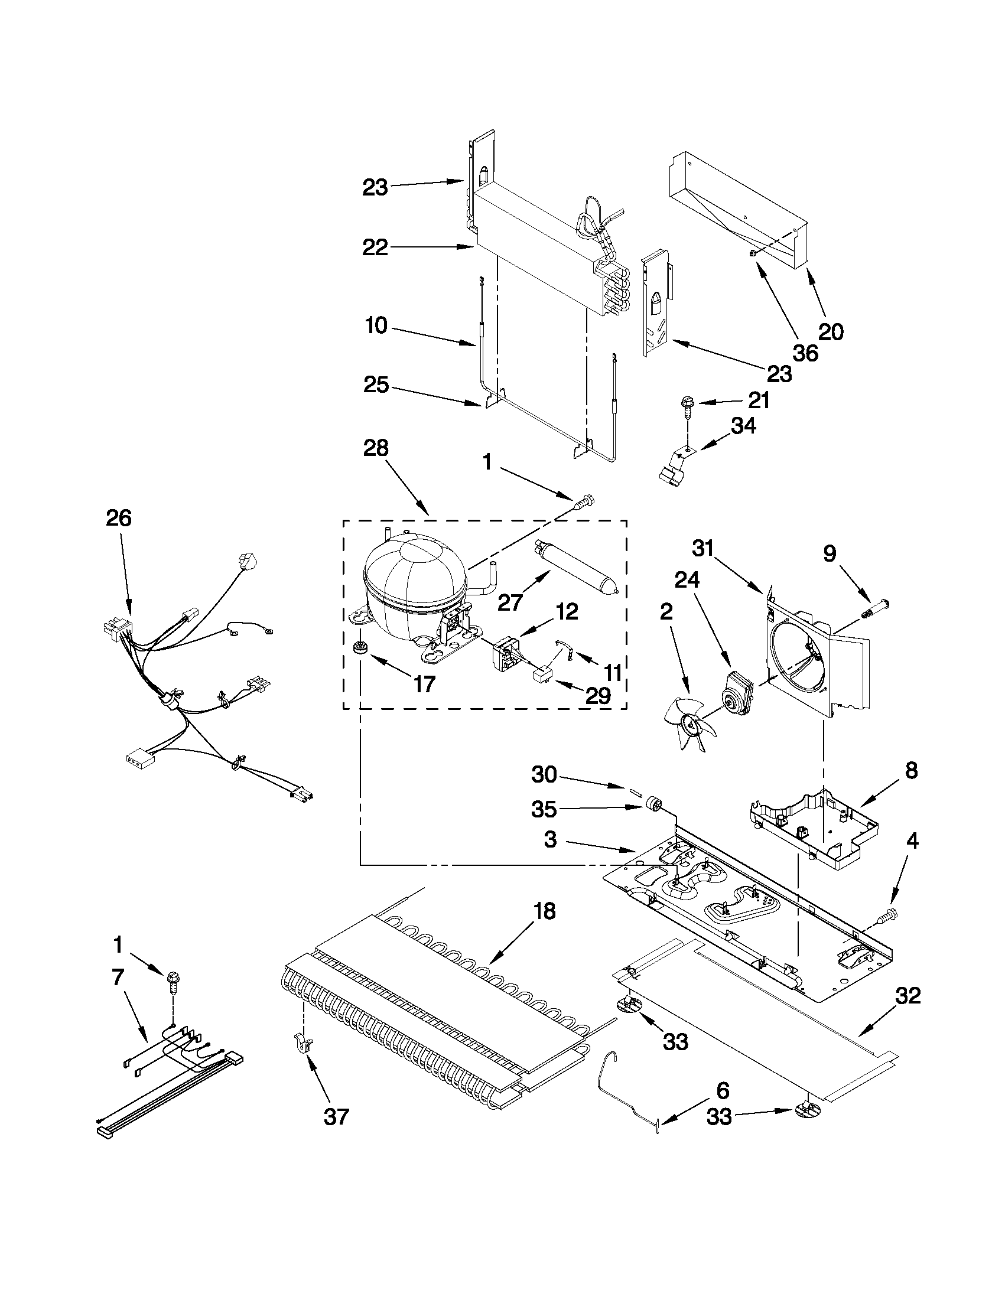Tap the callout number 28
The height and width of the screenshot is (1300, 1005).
(376, 448)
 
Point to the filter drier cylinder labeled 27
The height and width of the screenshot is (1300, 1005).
(575, 566)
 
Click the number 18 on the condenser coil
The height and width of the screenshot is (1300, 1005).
(541, 911)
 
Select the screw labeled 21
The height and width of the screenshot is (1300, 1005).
(685, 405)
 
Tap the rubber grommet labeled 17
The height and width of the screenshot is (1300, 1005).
(359, 647)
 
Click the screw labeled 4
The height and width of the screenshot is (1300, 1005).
(891, 914)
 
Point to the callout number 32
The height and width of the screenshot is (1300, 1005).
(907, 996)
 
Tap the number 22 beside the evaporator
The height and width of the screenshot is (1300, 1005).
(376, 247)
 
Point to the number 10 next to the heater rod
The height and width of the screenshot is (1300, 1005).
(376, 325)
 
